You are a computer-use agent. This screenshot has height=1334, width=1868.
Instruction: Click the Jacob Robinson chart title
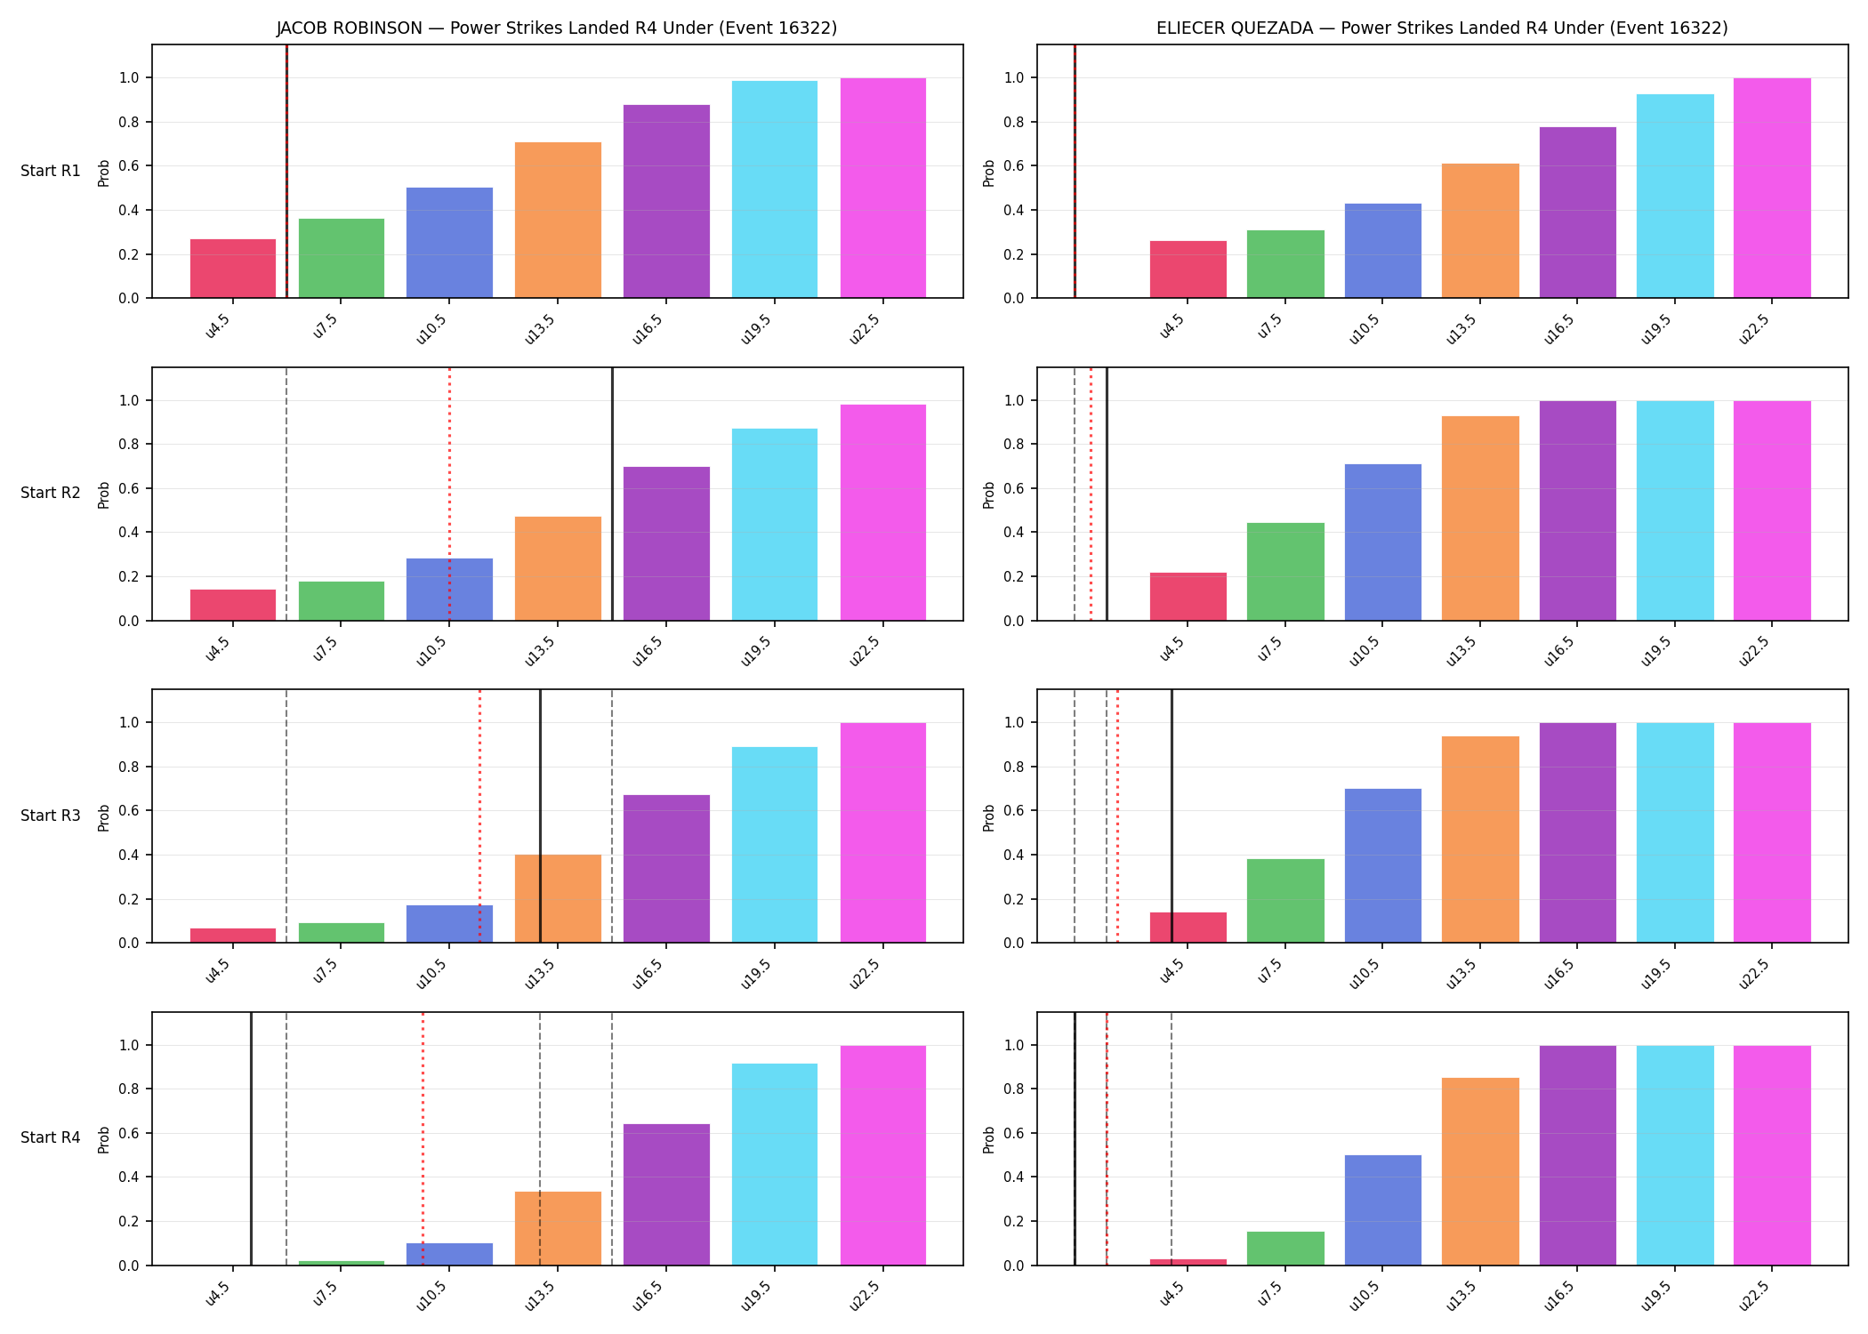click(557, 28)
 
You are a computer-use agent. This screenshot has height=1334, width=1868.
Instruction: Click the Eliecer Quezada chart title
click(1442, 28)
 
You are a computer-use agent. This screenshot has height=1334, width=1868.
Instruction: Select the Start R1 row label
click(51, 171)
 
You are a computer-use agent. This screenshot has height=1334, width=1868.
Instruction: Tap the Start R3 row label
click(51, 816)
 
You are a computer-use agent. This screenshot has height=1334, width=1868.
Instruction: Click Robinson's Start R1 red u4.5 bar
click(233, 269)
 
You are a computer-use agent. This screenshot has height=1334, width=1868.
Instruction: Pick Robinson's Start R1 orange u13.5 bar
click(558, 220)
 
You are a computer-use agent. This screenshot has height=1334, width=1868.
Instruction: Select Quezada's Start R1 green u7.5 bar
click(1285, 264)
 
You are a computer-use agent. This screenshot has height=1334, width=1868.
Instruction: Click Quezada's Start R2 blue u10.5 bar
click(1383, 542)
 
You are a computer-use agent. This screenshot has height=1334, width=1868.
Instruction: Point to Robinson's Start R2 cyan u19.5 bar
click(775, 525)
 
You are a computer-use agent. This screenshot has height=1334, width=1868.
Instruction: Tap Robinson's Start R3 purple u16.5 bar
click(666, 869)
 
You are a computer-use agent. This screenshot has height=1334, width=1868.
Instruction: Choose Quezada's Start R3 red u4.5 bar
click(1188, 928)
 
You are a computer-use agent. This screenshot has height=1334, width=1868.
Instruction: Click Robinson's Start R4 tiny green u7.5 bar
click(342, 1263)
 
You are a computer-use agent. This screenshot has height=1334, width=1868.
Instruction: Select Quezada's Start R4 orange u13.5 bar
click(1480, 1171)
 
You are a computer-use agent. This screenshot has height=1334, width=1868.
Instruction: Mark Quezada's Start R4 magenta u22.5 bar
click(1772, 1155)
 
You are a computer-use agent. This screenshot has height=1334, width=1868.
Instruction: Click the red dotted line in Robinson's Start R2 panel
click(449, 494)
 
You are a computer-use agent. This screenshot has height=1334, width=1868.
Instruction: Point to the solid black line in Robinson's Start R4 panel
click(251, 1138)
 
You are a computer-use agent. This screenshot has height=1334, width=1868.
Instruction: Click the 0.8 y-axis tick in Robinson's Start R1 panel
click(129, 122)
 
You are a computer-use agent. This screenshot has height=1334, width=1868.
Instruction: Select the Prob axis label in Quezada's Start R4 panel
click(989, 1139)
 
